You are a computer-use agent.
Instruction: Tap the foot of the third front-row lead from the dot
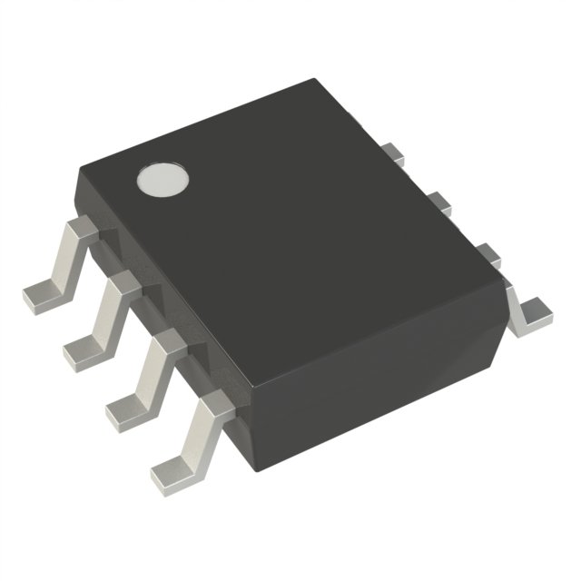coord(123,410)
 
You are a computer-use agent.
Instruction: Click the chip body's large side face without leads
coord(372,363)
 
